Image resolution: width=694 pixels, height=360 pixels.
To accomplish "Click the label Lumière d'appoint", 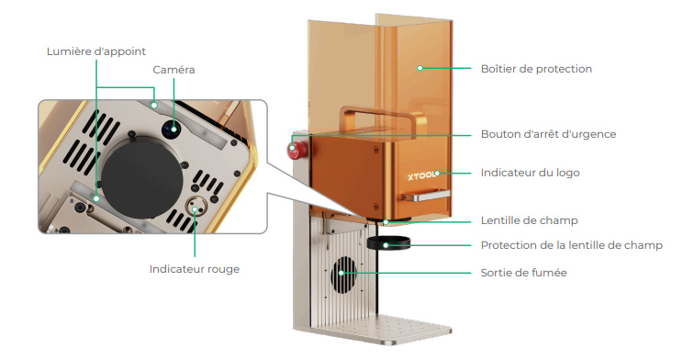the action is click(96, 51).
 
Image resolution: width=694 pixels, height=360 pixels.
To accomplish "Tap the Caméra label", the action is click(173, 70).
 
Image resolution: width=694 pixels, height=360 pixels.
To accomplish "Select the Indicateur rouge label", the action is click(195, 269).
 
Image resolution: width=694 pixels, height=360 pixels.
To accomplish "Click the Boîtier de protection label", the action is click(536, 69).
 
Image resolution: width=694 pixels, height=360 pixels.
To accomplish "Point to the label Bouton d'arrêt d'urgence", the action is click(548, 134).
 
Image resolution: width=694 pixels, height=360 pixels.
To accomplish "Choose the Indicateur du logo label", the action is click(531, 173).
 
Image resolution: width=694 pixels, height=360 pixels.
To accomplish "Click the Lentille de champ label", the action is click(530, 220).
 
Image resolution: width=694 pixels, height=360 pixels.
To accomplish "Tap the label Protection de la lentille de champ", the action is click(571, 245).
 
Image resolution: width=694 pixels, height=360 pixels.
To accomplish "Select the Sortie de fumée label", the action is click(523, 273).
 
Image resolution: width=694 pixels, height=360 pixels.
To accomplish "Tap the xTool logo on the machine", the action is click(421, 175).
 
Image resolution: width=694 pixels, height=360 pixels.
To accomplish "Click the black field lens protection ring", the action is click(388, 242).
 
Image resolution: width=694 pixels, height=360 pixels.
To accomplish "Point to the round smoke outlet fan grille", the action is click(344, 275).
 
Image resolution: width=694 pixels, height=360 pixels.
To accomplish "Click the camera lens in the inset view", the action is click(171, 129).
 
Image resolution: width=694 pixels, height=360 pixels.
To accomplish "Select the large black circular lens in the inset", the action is click(142, 178).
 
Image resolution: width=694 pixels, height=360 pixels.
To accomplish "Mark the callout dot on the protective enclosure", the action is click(420, 68).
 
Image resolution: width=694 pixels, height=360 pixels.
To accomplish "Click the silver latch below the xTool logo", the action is click(426, 196).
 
